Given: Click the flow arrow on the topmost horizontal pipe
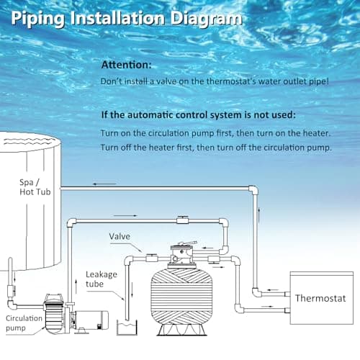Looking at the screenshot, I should [x=104, y=185].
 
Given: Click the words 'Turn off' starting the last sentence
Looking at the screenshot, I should [x=117, y=148].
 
